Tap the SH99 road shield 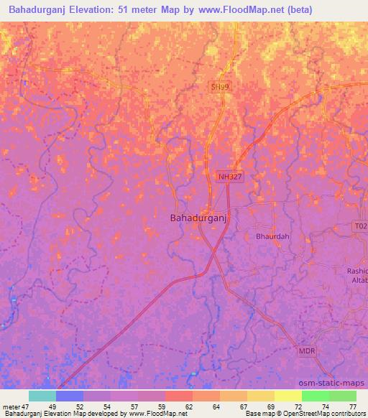(x=221, y=86)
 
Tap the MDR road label (x=307, y=351)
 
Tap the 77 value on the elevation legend (x=351, y=406)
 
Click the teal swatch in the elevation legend (x=42, y=396)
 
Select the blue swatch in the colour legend (x=69, y=396)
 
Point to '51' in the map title (x=127, y=10)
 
